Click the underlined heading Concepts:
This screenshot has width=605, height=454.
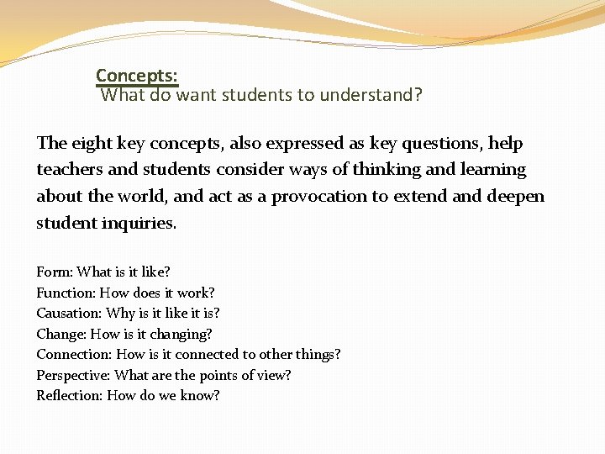point(136,76)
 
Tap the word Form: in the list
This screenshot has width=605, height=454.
point(55,272)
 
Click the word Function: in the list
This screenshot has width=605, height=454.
point(66,293)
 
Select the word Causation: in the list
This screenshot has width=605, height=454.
point(70,314)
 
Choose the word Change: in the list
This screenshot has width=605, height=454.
point(61,334)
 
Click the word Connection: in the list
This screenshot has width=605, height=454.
point(74,355)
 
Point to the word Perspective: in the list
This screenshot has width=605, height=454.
point(73,375)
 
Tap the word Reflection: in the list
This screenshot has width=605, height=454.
point(70,395)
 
